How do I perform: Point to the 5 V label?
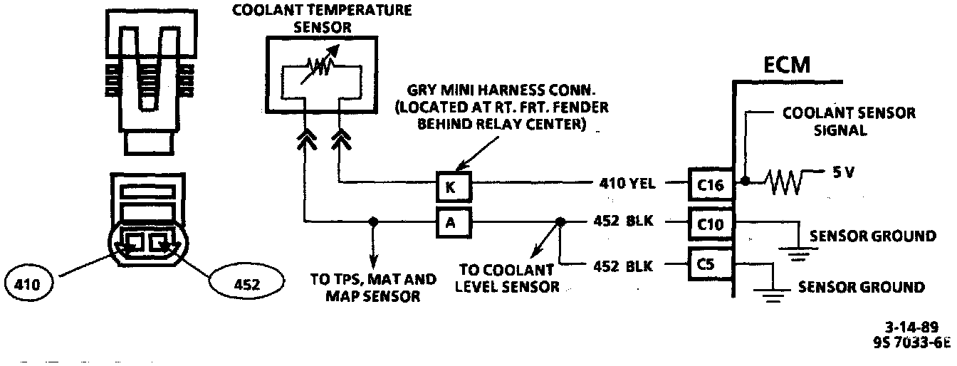(x=843, y=173)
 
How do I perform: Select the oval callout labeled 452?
(x=246, y=284)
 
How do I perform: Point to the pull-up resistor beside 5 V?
(x=783, y=182)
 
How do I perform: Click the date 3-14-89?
(x=913, y=328)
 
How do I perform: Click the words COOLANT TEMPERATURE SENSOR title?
(x=322, y=19)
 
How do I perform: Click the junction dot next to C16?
(x=743, y=182)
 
